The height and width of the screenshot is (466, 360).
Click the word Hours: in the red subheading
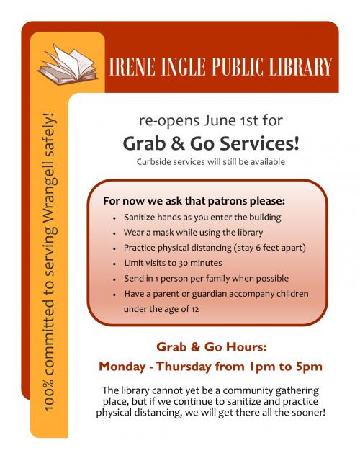coord(248,345)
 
